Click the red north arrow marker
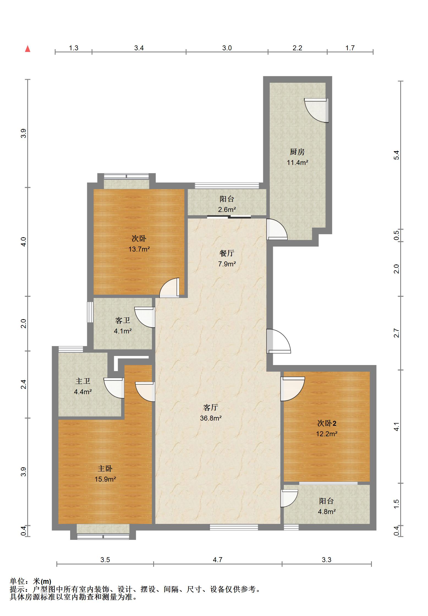click(28, 49)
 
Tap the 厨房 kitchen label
click(297, 152)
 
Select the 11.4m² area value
click(297, 162)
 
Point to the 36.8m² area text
click(211, 418)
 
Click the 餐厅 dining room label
click(227, 253)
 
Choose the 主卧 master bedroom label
click(105, 469)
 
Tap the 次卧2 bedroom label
click(327, 423)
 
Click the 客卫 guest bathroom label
click(123, 321)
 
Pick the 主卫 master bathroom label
click(83, 381)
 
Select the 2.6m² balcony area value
click(227, 210)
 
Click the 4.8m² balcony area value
click(327, 512)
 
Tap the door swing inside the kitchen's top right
click(316, 110)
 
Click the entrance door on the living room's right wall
click(278, 341)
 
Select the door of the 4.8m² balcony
click(289, 498)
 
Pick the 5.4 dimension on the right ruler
click(396, 155)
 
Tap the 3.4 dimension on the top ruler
click(139, 48)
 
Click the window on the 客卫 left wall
click(90, 312)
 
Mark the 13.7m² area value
click(139, 249)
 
